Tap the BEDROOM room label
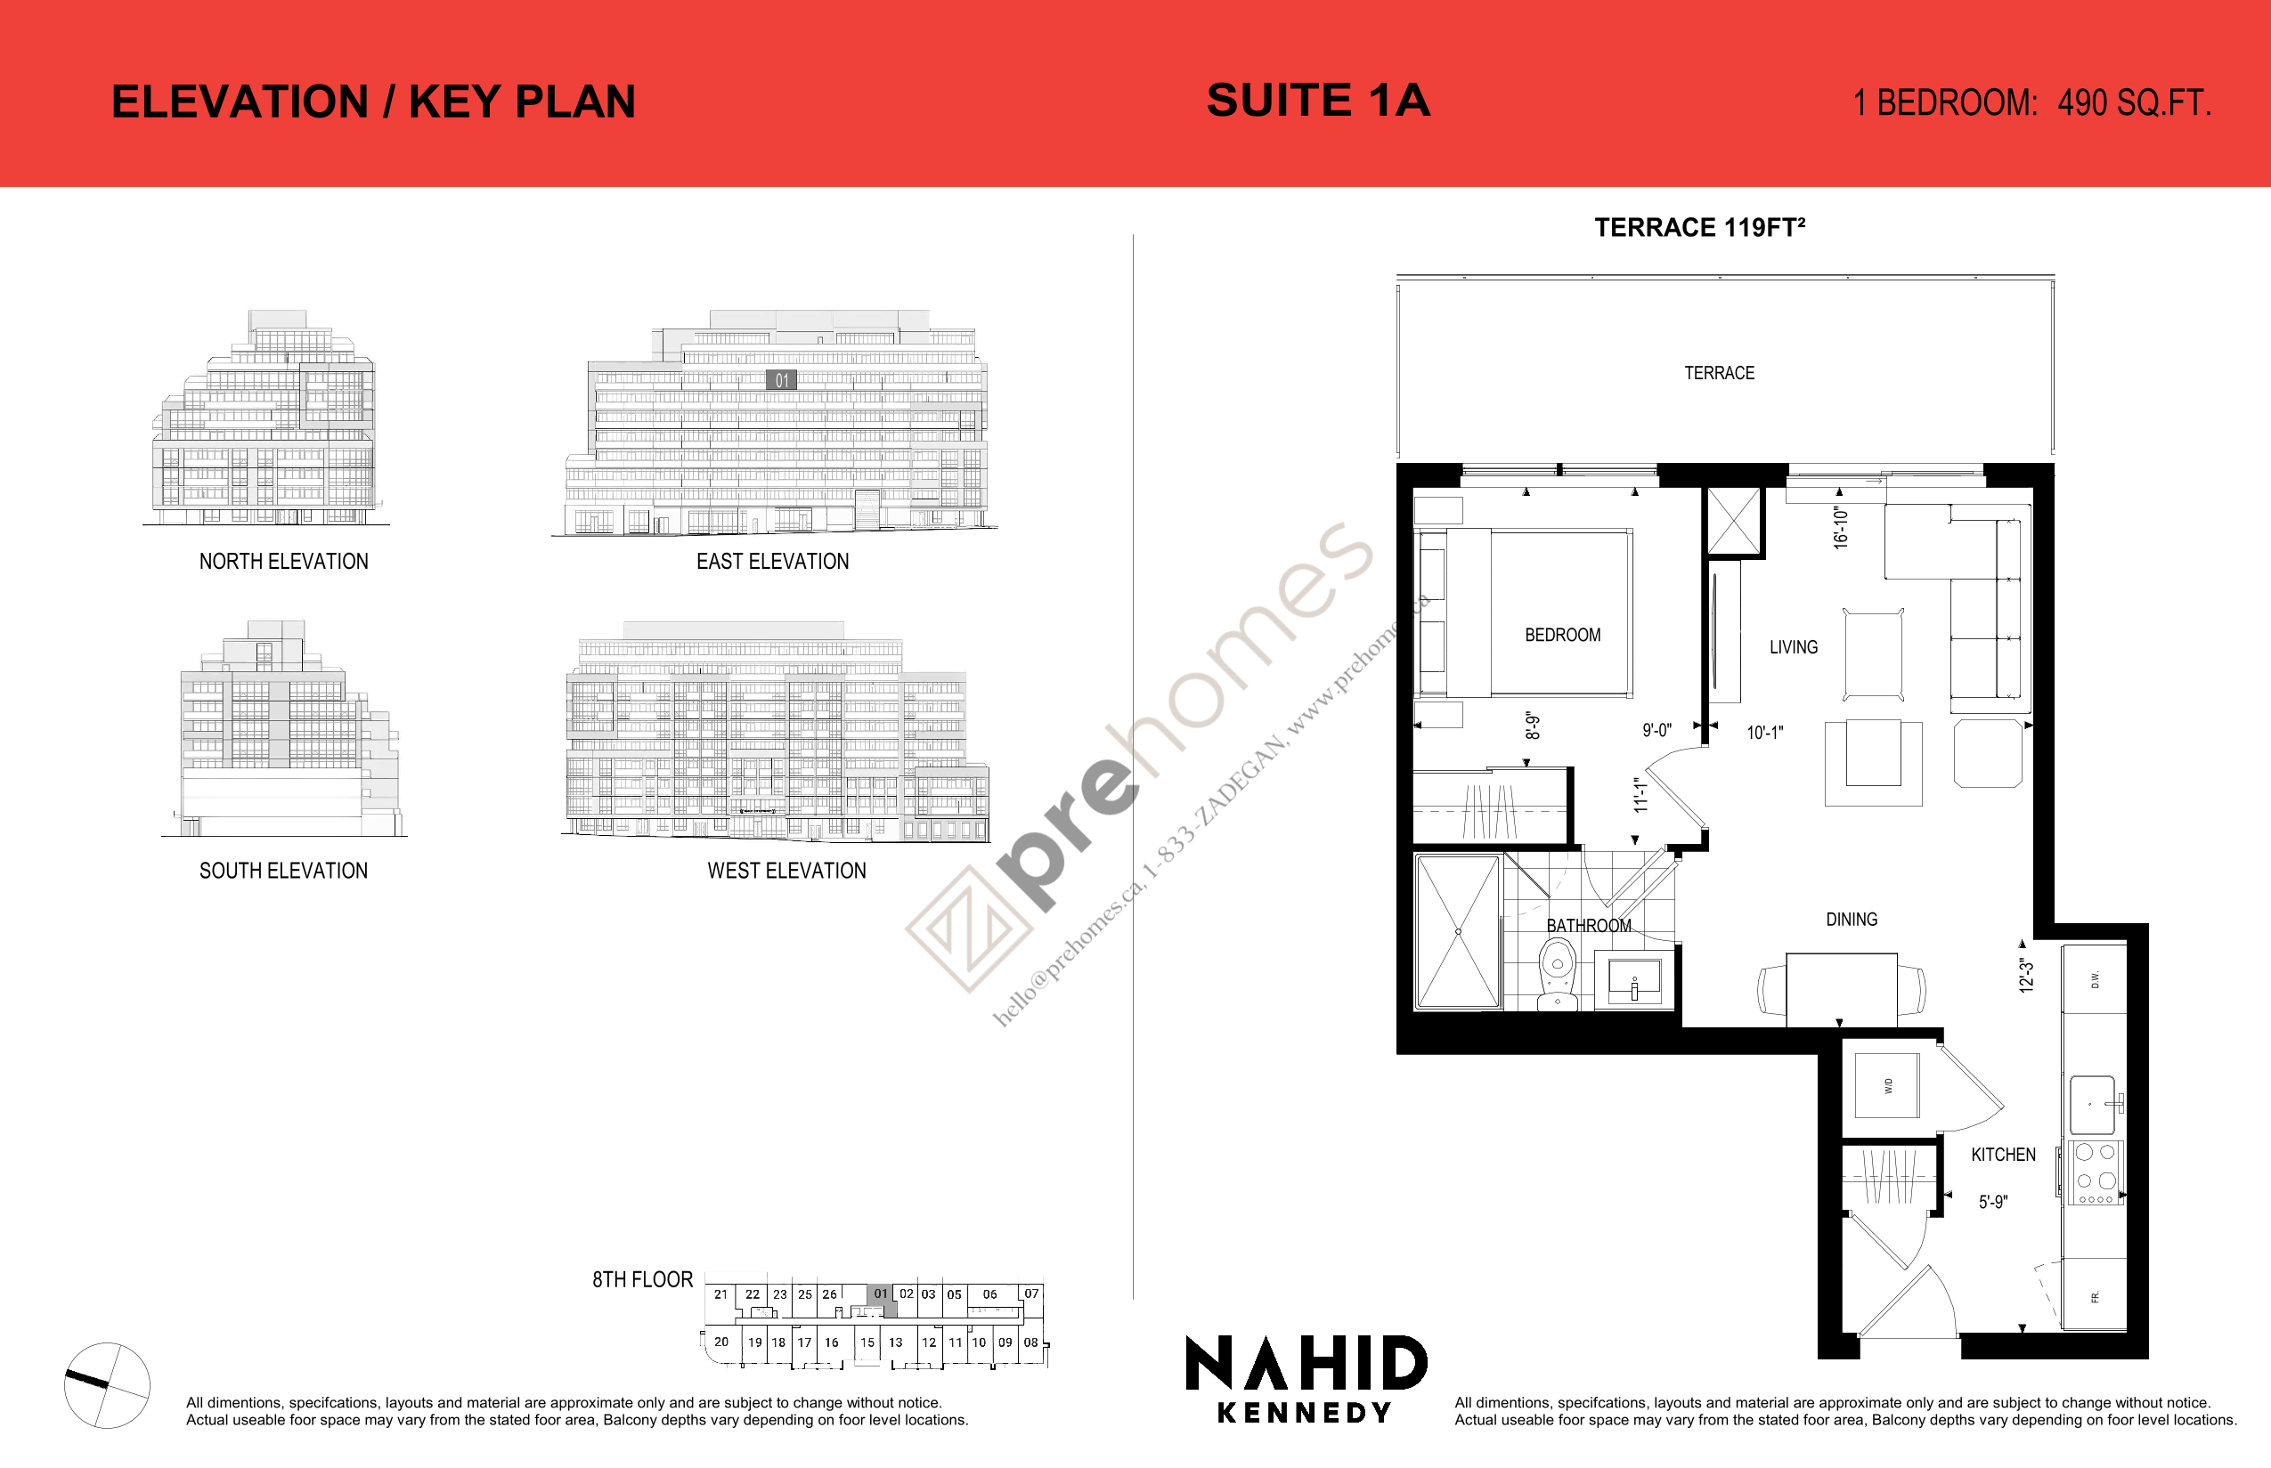pyautogui.click(x=1563, y=635)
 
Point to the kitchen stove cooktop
pyautogui.click(x=2095, y=1172)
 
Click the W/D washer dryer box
pyautogui.click(x=1887, y=1086)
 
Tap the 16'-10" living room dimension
pyautogui.click(x=1840, y=527)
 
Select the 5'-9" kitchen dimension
pyautogui.click(x=1992, y=1202)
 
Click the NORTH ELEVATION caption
pyautogui.click(x=283, y=562)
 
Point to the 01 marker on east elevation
pyautogui.click(x=782, y=380)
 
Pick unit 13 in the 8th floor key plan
pyautogui.click(x=895, y=1342)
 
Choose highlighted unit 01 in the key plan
pyautogui.click(x=881, y=1294)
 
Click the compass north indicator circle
pyautogui.click(x=107, y=1385)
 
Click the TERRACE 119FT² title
pyautogui.click(x=1699, y=228)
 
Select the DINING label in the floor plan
pyautogui.click(x=1852, y=919)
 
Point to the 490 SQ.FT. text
pyautogui.click(x=2134, y=103)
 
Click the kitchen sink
pyautogui.click(x=2092, y=1105)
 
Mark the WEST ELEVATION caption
pyautogui.click(x=786, y=871)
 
